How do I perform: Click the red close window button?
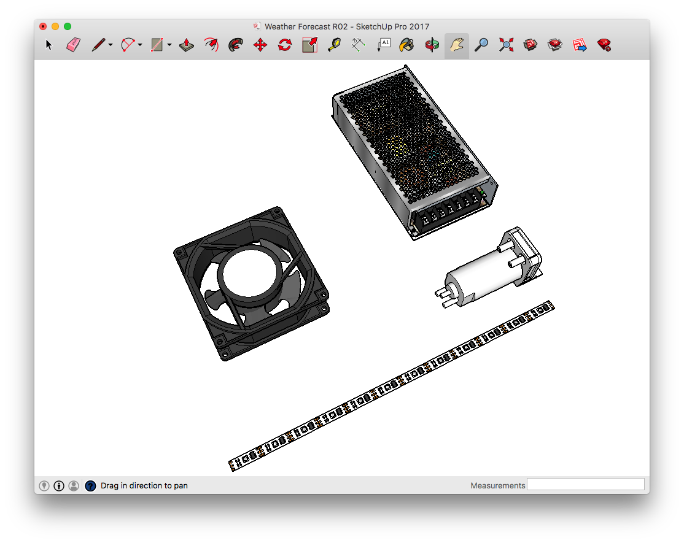[x=43, y=26]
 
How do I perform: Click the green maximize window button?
[x=68, y=26]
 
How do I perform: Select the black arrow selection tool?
[x=49, y=45]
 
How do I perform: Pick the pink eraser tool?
[x=73, y=45]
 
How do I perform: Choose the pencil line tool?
[x=99, y=45]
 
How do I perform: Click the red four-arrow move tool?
[x=260, y=45]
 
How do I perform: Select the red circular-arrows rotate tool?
[x=285, y=45]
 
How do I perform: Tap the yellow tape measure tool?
[x=335, y=45]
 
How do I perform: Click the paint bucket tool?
[x=406, y=45]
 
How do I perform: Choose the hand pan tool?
[x=457, y=45]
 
